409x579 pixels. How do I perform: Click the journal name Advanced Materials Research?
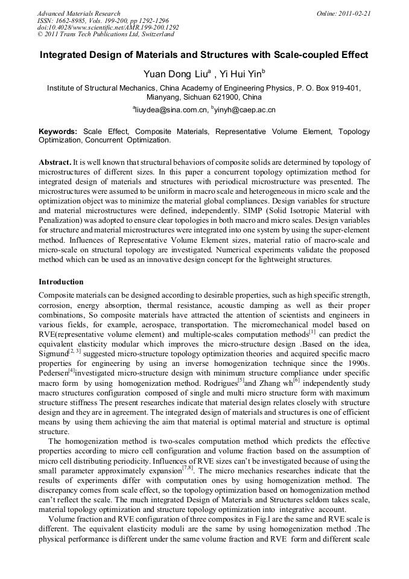78,13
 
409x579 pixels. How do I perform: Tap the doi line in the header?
108,28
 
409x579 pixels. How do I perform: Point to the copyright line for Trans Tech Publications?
106,34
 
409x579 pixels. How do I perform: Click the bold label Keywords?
58,131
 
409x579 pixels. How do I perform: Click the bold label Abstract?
54,163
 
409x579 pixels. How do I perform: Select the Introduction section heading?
61,282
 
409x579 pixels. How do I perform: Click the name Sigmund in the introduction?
52,353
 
